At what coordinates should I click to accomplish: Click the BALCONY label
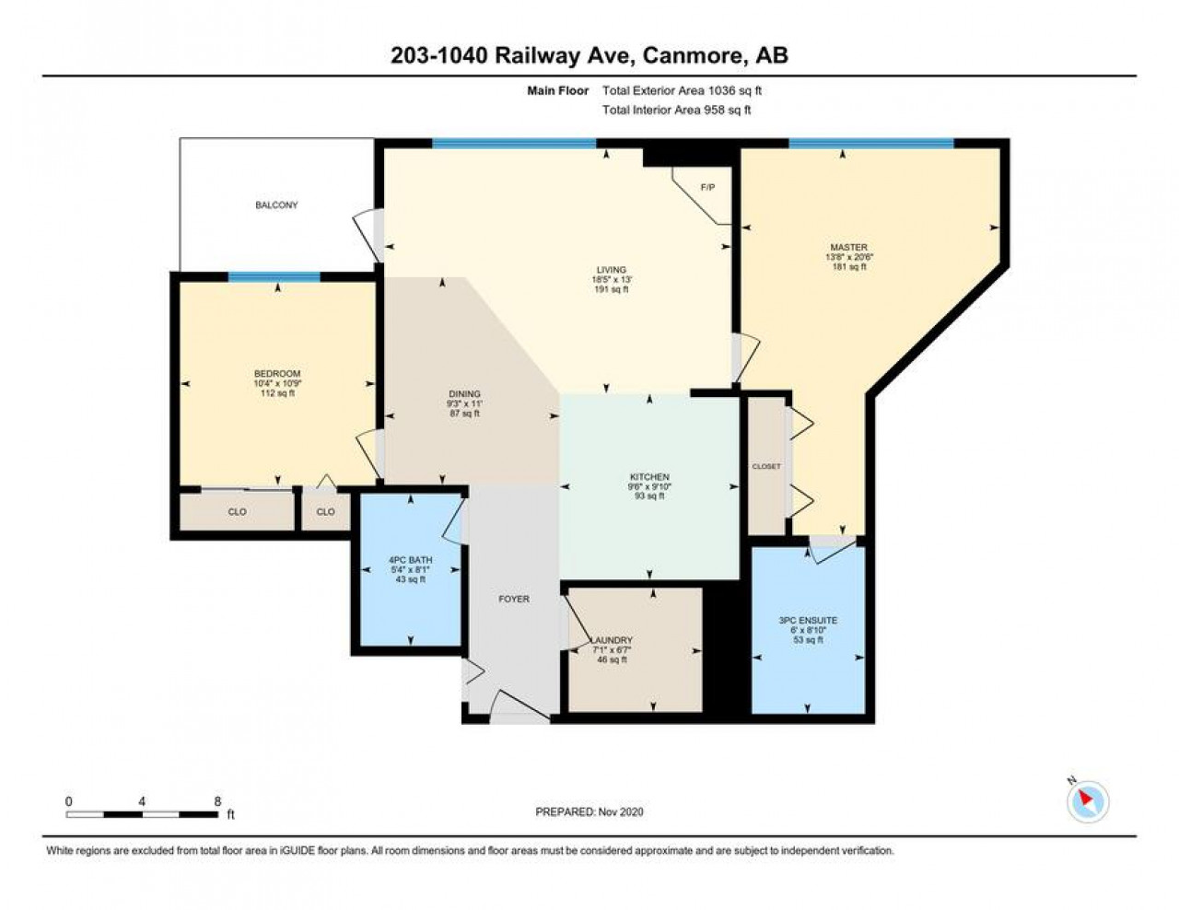(276, 205)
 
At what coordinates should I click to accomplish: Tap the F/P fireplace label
(707, 188)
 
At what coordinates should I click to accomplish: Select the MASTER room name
(848, 247)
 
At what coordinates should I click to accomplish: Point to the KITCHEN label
(649, 477)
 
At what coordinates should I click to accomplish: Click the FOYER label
(514, 599)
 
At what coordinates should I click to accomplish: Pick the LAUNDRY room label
(612, 640)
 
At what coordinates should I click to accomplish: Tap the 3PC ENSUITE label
(808, 620)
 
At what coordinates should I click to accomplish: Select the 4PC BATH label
(410, 560)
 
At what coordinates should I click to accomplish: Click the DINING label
(464, 393)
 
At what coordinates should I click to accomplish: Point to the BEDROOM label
(277, 374)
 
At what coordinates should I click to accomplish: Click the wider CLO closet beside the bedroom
(237, 511)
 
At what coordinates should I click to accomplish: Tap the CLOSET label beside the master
(766, 466)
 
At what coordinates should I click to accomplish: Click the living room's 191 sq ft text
(612, 289)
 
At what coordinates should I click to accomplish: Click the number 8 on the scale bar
(217, 801)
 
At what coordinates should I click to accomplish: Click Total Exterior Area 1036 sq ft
(682, 90)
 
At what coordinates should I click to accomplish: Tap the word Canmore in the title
(693, 56)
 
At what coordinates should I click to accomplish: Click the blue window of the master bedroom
(871, 143)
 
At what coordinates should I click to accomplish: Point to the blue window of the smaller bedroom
(274, 277)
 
